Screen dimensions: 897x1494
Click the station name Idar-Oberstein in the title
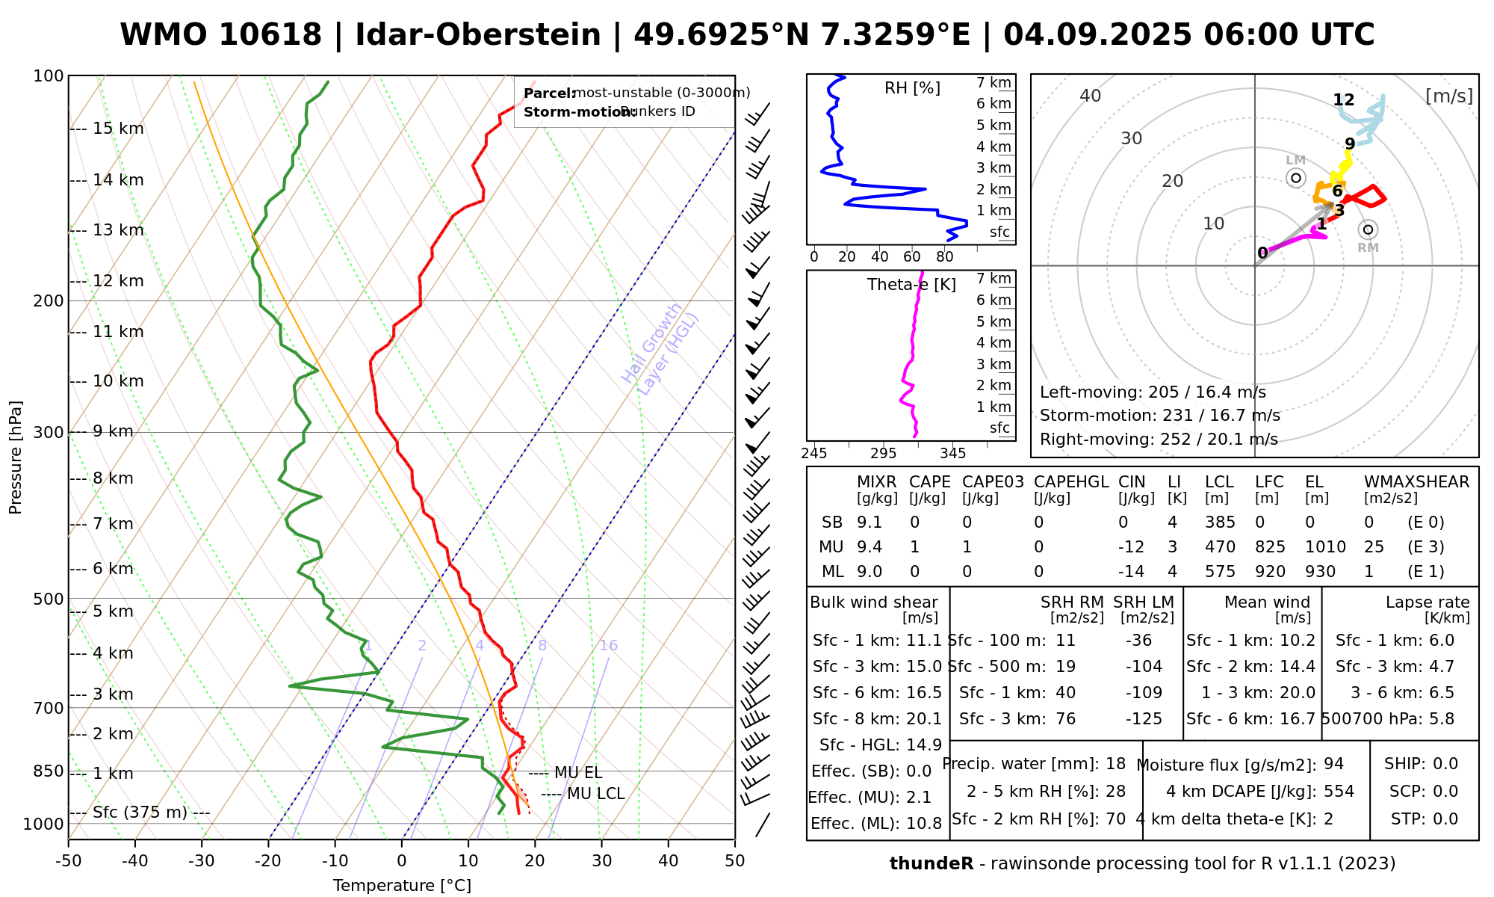477,35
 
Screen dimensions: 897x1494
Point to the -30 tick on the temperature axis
202,861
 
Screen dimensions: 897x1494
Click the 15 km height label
118,129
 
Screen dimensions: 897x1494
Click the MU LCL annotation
595,794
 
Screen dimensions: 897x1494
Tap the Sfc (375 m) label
140,813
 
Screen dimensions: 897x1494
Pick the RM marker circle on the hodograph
1368,229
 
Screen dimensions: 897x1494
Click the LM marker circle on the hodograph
1296,178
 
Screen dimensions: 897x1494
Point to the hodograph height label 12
1343,100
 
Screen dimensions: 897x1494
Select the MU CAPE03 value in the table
967,547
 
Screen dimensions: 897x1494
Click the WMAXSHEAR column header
1416,482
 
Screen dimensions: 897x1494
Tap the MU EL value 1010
1325,547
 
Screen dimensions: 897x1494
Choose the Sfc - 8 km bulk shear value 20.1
924,719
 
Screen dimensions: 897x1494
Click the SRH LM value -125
1144,719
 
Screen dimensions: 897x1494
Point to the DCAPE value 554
1339,792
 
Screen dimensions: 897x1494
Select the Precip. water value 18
1115,764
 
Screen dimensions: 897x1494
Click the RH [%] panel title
912,88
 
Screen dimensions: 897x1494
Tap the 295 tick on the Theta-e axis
883,454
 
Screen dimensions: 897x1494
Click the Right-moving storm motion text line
1159,440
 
